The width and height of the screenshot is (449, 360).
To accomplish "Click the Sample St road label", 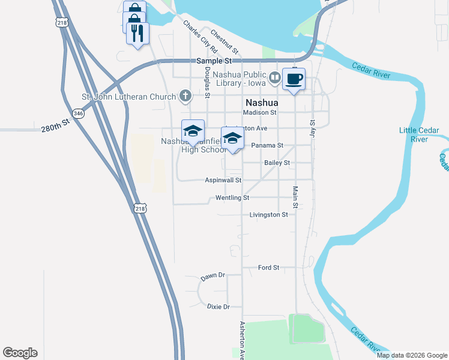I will (214, 61).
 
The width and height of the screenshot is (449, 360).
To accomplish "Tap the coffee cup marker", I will (294, 80).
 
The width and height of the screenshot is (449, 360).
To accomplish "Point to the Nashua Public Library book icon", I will (275, 77).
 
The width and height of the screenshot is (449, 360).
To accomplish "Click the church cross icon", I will (186, 96).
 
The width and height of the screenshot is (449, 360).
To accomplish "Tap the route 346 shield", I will (78, 113).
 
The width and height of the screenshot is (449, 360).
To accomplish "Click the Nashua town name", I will (262, 102).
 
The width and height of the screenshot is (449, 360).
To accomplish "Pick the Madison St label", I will (259, 112).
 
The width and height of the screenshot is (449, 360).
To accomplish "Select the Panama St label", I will (267, 145).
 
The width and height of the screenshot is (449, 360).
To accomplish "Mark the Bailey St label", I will (277, 163).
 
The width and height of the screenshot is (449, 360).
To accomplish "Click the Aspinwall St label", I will (223, 180).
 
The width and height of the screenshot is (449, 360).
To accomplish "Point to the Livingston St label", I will (268, 214).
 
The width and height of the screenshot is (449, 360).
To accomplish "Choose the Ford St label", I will (268, 267).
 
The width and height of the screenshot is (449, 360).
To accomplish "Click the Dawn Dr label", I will (212, 275).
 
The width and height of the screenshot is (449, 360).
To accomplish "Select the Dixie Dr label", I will (218, 307).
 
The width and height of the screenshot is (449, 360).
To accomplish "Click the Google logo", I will (20, 353).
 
